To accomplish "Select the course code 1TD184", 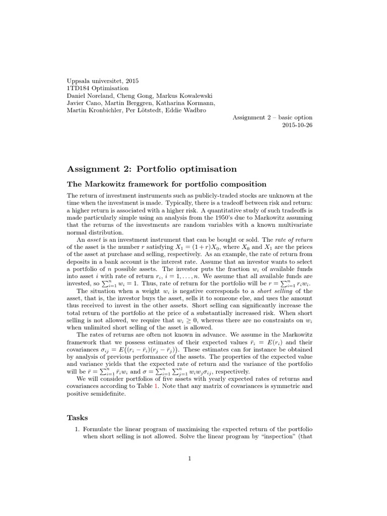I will click(80, 88).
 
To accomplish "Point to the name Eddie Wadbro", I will click(188, 110).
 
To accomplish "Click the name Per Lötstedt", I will click(146, 110).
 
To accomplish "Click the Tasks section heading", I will click(78, 417).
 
